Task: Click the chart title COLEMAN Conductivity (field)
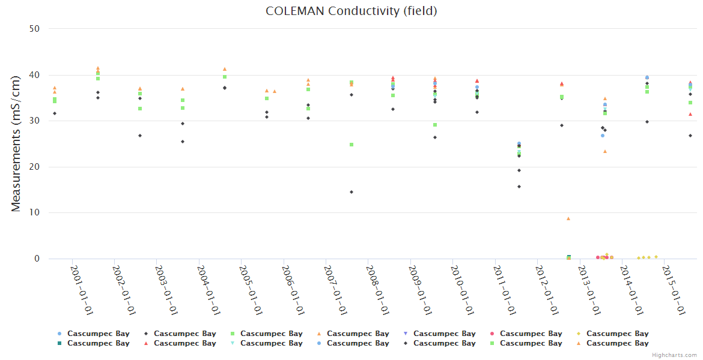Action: tap(351, 11)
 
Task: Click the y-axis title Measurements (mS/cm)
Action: tap(16, 143)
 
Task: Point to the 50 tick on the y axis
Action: tap(35, 28)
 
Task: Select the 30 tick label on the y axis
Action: tap(35, 121)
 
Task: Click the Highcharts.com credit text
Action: tap(675, 355)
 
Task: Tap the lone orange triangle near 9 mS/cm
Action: tap(568, 218)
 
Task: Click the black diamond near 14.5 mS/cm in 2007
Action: tap(351, 192)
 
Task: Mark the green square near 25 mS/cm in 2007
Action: tap(351, 145)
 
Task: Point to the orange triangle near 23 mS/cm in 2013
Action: tap(605, 151)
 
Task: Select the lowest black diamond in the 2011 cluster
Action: tap(519, 187)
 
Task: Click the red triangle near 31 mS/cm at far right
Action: tap(690, 114)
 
